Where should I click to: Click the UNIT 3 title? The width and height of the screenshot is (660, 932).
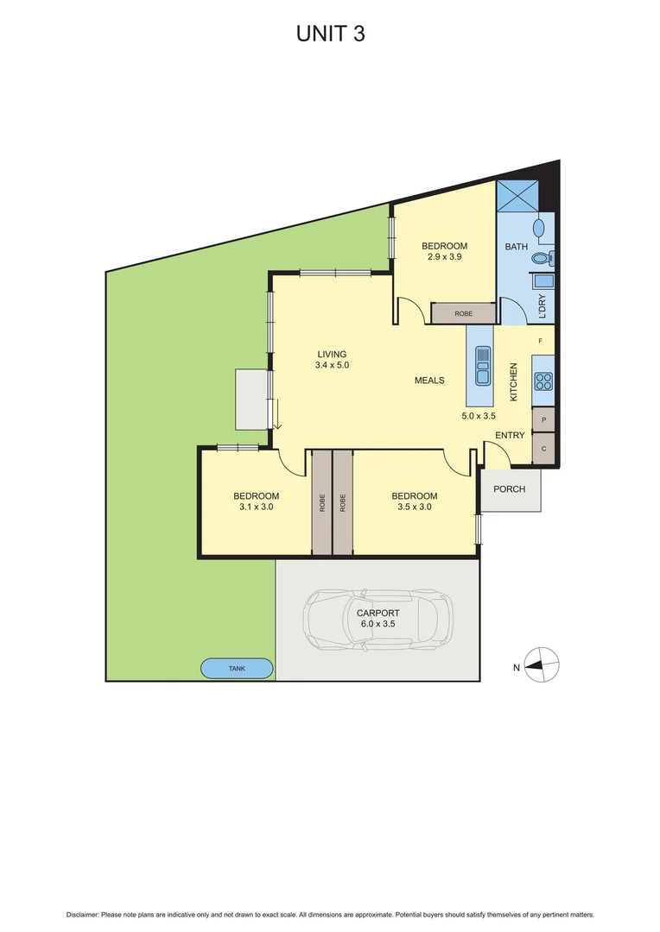329,34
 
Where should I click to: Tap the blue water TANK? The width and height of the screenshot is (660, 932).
237,669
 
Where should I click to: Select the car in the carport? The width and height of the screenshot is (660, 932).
377,618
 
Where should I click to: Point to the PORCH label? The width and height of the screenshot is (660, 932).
510,489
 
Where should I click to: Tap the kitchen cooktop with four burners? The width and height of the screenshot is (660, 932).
543,381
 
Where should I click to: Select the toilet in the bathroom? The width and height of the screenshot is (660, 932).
542,257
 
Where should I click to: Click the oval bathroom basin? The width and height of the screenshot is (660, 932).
539,229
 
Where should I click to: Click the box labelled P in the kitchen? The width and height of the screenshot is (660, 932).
543,420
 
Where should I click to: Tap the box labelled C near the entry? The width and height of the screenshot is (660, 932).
543,449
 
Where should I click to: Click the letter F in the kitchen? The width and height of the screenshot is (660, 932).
541,342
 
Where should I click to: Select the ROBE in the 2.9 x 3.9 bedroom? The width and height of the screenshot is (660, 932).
463,313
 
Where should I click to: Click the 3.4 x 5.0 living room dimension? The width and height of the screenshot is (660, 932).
331,366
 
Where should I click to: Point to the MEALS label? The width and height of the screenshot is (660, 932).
429,380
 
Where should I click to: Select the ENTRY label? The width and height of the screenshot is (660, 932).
510,435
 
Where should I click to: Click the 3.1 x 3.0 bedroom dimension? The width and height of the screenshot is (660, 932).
256,507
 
